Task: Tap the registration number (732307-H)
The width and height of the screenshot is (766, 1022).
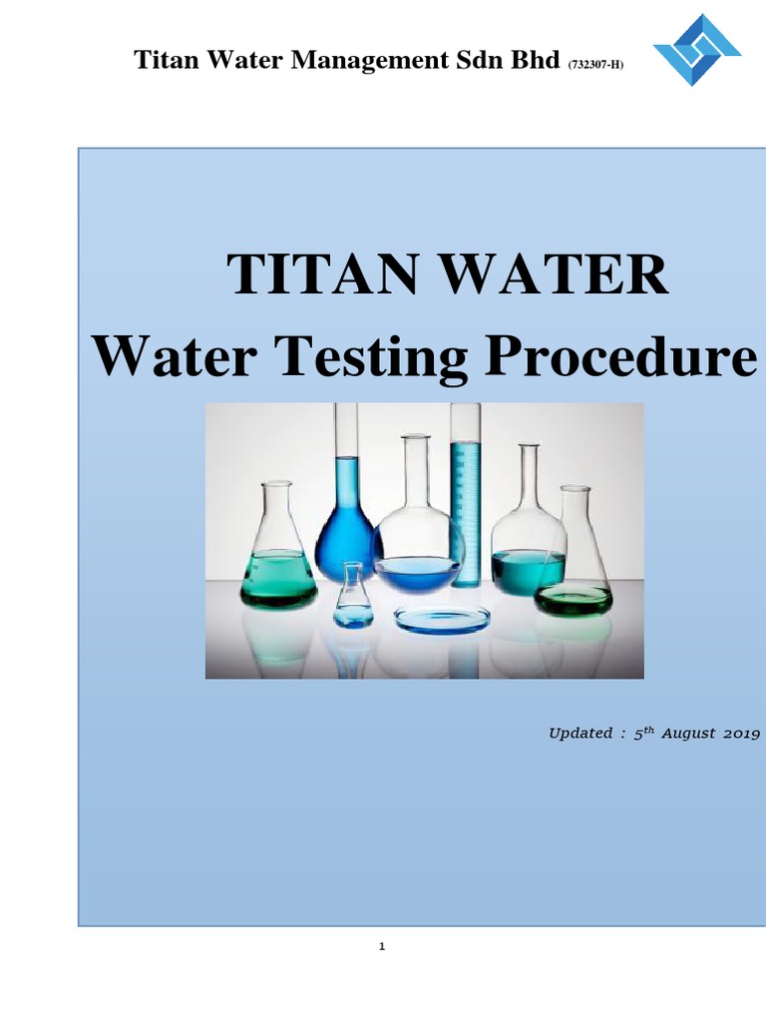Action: (596, 65)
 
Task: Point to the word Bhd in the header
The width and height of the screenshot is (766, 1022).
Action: (537, 61)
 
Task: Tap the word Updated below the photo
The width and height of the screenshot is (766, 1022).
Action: (579, 734)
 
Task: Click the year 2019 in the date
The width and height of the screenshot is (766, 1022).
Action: (742, 734)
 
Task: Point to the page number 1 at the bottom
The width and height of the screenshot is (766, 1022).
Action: (382, 947)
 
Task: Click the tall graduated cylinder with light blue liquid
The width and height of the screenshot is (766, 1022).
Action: (465, 489)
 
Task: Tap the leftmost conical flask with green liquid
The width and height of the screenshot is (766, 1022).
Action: (278, 559)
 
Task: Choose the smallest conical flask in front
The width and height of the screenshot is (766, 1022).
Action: (352, 599)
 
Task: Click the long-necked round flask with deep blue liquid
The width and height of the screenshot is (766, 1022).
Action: (346, 519)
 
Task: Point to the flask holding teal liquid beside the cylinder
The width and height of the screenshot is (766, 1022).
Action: (528, 549)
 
